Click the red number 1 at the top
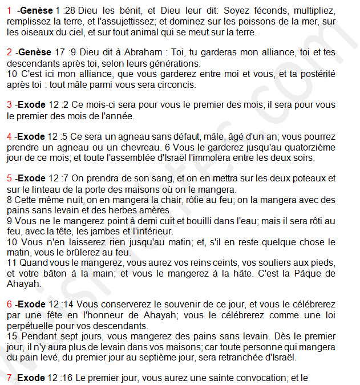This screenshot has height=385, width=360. pyautogui.click(x=10, y=11)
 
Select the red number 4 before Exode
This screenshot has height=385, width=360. pyautogui.click(x=10, y=136)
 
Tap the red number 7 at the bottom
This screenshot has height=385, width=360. pyautogui.click(x=10, y=377)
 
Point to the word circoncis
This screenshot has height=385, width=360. pyautogui.click(x=175, y=84)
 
